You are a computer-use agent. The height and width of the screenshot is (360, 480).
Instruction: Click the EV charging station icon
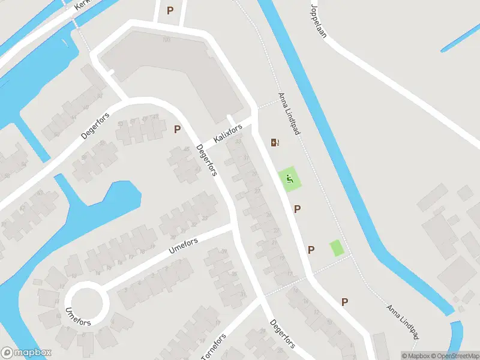tap(275, 142)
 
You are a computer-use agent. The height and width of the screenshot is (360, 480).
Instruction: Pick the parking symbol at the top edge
tap(170, 10)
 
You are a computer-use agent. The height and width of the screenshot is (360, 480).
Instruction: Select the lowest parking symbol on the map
tap(345, 302)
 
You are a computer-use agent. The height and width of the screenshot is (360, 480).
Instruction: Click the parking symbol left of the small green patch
tap(311, 250)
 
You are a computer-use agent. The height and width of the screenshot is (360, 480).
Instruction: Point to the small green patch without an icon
tap(337, 247)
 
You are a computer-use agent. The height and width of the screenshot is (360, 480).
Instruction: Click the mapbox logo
tap(26, 352)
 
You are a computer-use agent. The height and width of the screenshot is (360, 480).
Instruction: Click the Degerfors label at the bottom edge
tap(282, 333)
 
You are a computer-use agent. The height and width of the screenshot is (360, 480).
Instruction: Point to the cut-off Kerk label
tap(81, 5)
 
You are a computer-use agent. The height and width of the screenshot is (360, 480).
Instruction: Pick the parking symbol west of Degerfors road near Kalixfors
tap(177, 129)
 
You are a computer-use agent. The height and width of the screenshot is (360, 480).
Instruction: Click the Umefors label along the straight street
tap(184, 245)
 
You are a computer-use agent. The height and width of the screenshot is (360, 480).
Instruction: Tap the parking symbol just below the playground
tap(297, 209)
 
